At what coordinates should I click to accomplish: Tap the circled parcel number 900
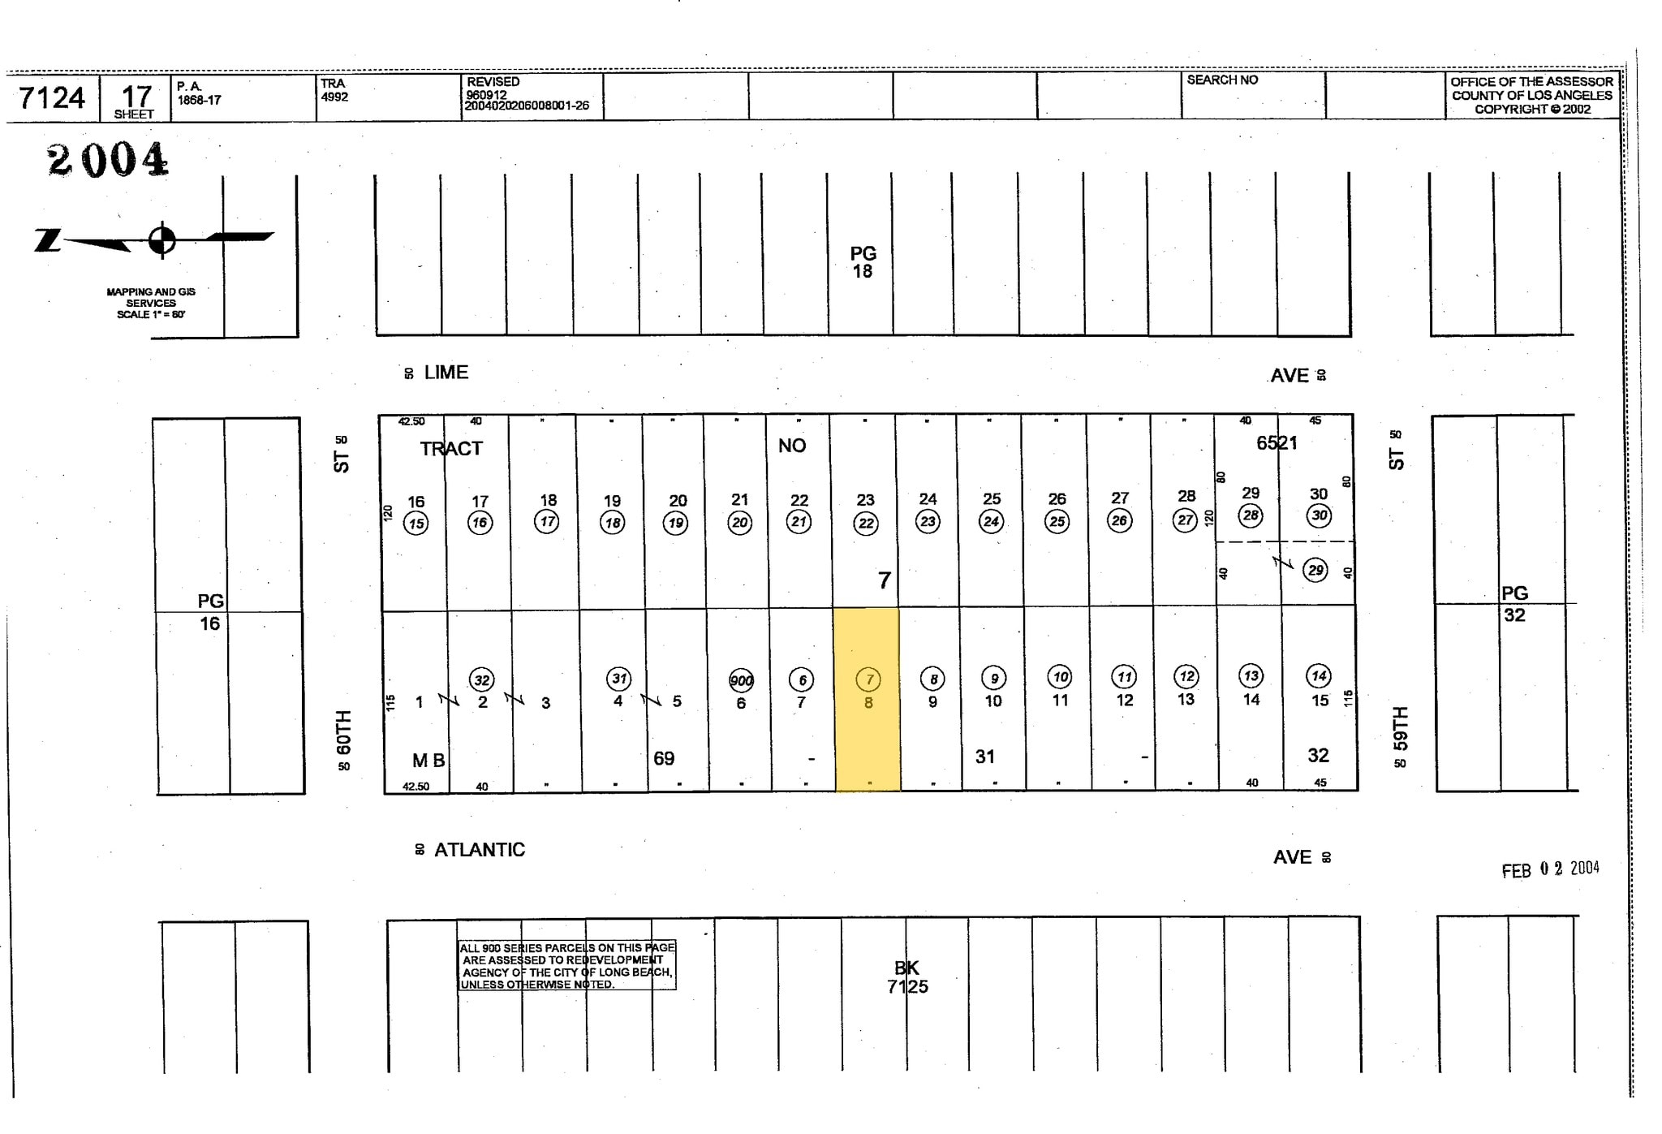pos(741,680)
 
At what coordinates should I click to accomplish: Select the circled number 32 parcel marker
pos(482,680)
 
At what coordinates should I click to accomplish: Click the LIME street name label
pos(446,373)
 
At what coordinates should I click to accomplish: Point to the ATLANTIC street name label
pos(480,850)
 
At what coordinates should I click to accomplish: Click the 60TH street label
pos(343,731)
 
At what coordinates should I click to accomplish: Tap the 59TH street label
pos(1400,728)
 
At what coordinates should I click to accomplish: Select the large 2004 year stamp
pos(108,159)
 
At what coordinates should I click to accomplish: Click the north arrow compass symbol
pos(161,239)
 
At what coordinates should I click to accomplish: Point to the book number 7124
pos(52,98)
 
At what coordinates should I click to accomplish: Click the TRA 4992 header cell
pos(334,90)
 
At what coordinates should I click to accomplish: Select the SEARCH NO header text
pos(1222,80)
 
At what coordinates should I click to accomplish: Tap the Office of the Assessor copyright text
pos(1531,95)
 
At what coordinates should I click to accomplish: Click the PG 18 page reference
pos(863,262)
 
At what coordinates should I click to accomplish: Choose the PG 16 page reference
pos(210,612)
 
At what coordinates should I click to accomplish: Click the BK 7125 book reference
pos(906,977)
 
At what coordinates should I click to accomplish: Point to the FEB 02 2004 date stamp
pos(1549,869)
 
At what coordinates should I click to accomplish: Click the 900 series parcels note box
pos(566,965)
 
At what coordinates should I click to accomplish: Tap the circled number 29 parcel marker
pos(1315,570)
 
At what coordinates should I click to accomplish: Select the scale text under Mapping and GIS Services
pos(151,314)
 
